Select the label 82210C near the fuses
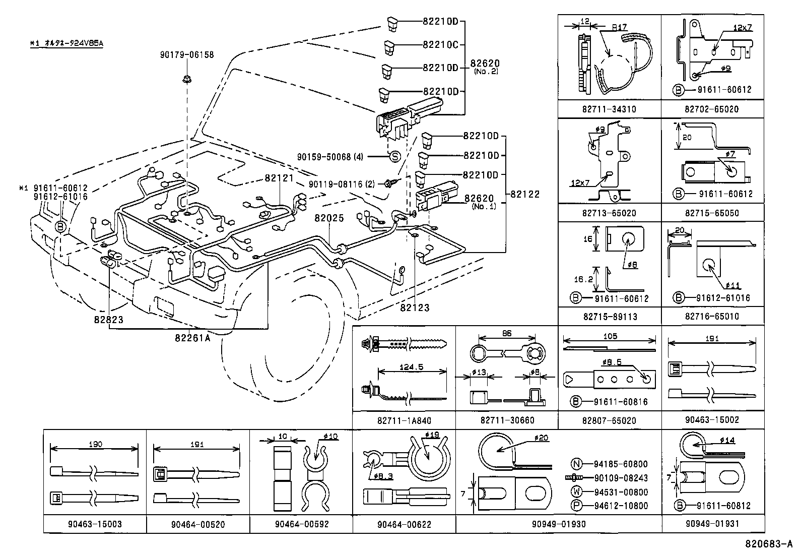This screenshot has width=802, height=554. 440,44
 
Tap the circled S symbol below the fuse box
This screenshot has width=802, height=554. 395,157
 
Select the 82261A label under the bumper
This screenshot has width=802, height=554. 192,338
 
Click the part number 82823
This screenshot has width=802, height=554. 108,320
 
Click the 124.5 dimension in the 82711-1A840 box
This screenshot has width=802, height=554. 411,367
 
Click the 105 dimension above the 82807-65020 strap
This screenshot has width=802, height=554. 610,336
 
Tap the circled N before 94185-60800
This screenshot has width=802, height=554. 577,464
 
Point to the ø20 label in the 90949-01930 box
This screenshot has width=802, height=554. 542,438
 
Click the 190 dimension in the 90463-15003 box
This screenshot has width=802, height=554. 95,444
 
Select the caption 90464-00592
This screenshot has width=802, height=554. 301,524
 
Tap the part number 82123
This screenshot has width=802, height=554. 415,307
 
